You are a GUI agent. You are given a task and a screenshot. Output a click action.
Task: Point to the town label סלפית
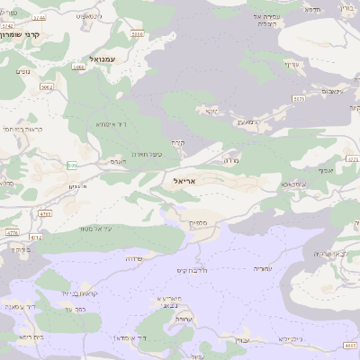pyautogui.click(x=199, y=222)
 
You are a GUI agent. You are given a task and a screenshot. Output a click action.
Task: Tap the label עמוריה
pyautogui.click(x=263, y=269)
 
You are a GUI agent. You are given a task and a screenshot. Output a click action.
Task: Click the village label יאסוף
pyautogui.click(x=325, y=169)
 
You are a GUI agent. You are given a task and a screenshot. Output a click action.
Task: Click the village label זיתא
pyautogui.click(x=211, y=111)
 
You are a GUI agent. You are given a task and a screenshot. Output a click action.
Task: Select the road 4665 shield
pyautogui.click(x=351, y=346)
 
